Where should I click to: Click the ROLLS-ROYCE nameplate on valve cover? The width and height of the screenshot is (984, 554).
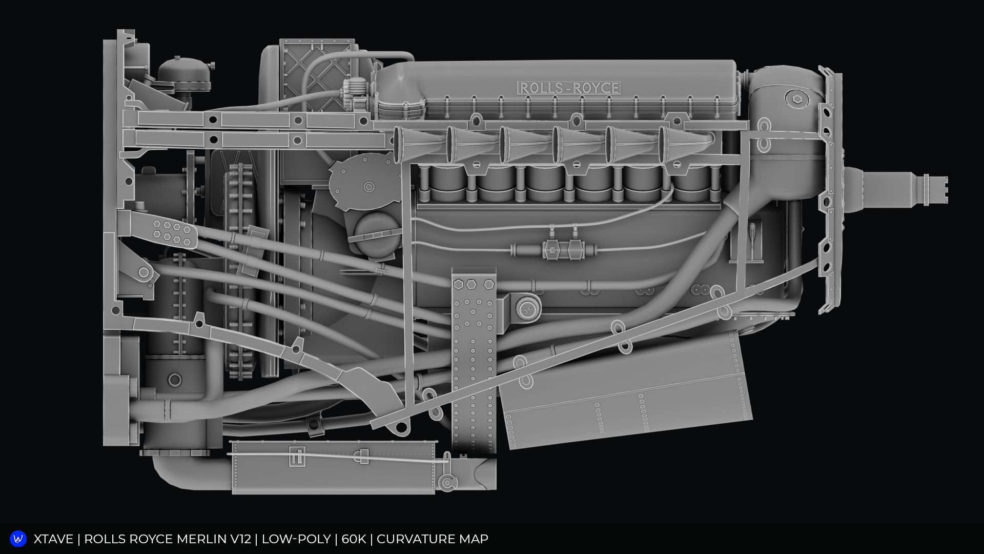pyautogui.click(x=569, y=88)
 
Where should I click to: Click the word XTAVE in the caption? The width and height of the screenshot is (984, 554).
pyautogui.click(x=53, y=539)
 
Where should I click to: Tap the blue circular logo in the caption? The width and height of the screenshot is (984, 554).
pyautogui.click(x=18, y=539)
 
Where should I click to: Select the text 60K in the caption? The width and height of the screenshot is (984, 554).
pyautogui.click(x=354, y=539)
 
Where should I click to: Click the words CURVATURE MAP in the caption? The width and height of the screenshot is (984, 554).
pyautogui.click(x=432, y=539)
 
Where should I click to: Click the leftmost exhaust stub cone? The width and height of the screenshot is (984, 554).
pyautogui.click(x=415, y=144)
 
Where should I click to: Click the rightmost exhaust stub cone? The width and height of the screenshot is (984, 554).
pyautogui.click(x=682, y=144)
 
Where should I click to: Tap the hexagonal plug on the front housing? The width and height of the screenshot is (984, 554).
pyautogui.click(x=794, y=98)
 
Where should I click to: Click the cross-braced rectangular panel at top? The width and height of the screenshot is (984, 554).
pyautogui.click(x=317, y=74)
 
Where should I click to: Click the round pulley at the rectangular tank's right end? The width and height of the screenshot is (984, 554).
pyautogui.click(x=448, y=483)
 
